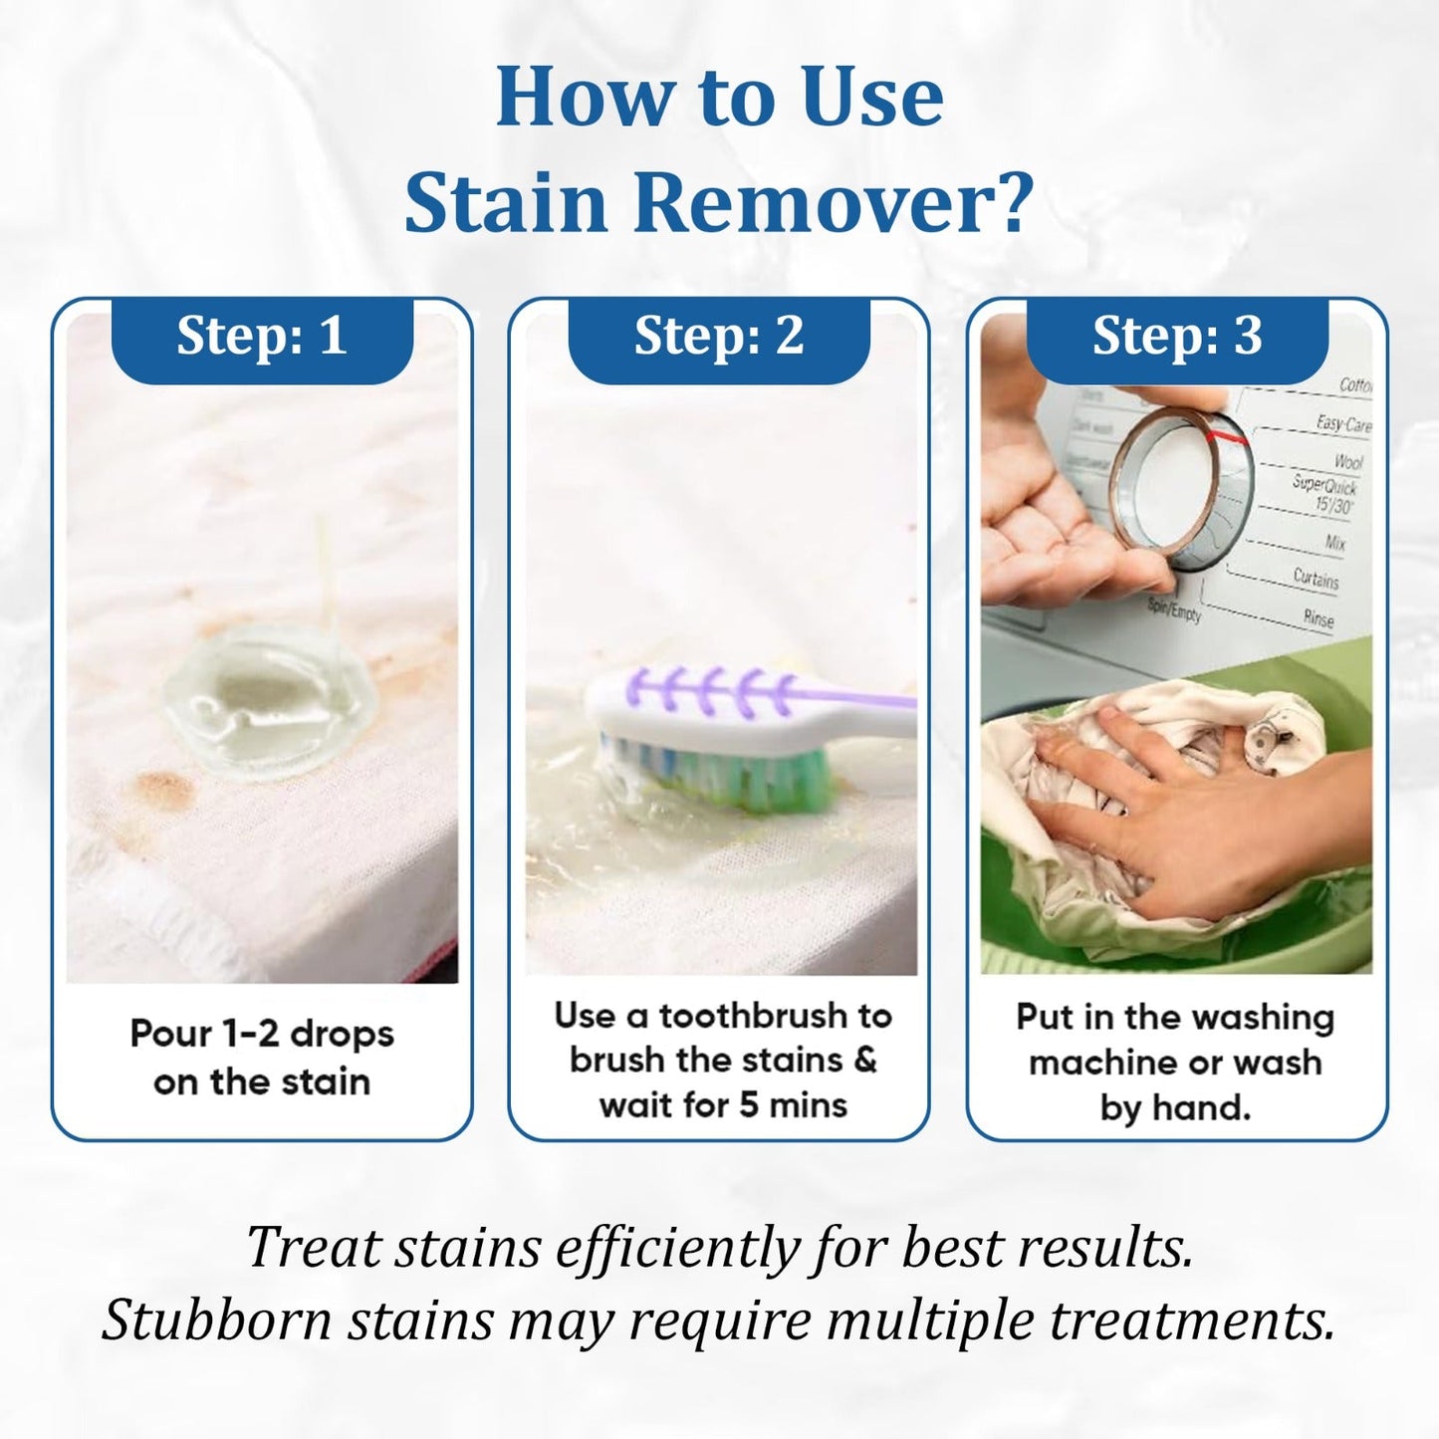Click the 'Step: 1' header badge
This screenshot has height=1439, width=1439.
tap(262, 337)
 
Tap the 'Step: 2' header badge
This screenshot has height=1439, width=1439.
tap(719, 337)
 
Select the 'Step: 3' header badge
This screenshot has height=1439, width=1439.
tap(1177, 337)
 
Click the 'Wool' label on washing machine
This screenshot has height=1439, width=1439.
tap(1348, 461)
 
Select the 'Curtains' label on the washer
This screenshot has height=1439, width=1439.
tap(1316, 578)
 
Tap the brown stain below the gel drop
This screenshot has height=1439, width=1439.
tap(164, 789)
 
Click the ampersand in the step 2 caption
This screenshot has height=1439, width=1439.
tap(864, 1060)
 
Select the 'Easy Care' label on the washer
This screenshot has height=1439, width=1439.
tap(1343, 424)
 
